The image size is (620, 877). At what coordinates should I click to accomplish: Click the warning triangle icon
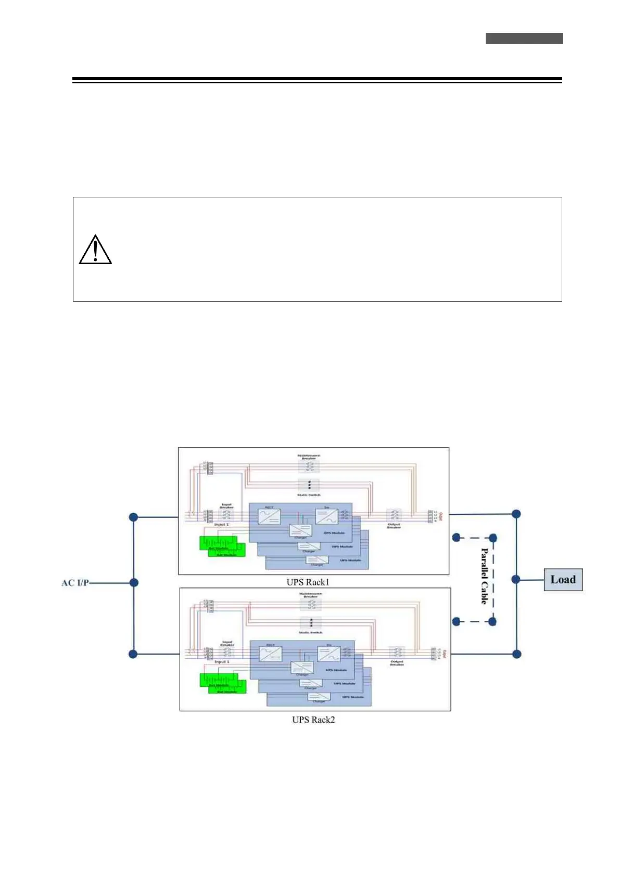click(x=95, y=250)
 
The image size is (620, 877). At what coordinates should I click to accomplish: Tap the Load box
click(x=563, y=580)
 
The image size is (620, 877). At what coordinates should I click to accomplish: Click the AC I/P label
click(x=75, y=583)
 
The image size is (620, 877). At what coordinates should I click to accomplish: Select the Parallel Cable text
click(x=484, y=576)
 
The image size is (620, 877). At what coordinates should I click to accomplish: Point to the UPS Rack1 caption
click(x=308, y=582)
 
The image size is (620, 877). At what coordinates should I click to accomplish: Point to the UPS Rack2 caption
click(x=313, y=720)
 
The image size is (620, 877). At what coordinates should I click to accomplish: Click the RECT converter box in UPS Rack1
click(x=269, y=517)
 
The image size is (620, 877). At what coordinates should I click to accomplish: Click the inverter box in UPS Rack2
click(x=329, y=654)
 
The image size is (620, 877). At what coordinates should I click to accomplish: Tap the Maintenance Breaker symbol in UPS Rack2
click(x=311, y=604)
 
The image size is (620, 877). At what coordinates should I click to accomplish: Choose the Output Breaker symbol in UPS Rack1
click(x=394, y=516)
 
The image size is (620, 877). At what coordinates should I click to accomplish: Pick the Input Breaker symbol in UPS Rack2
click(x=227, y=653)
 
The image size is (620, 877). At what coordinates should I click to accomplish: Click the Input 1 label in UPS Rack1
click(x=222, y=524)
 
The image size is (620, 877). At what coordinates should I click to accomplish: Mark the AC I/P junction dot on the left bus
click(x=134, y=583)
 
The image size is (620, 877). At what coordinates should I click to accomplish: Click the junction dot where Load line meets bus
click(x=516, y=579)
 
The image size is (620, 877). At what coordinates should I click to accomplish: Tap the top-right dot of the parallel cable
click(x=493, y=537)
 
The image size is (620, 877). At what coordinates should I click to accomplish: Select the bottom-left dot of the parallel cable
click(x=457, y=621)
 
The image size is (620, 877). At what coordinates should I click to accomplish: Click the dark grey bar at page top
click(x=524, y=39)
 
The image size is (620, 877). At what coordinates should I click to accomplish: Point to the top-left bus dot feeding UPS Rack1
click(x=133, y=517)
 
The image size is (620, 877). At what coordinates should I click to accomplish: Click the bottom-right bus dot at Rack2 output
click(x=516, y=654)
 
